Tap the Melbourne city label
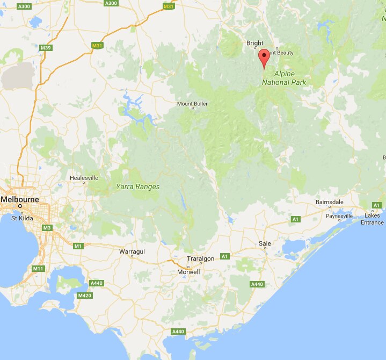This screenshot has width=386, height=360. [20, 199]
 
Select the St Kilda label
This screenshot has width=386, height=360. [22, 218]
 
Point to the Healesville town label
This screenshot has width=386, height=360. [84, 177]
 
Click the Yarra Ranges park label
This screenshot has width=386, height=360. [138, 187]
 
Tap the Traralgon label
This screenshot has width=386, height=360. [200, 259]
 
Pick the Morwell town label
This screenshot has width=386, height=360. [188, 272]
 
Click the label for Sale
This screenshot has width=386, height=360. [265, 243]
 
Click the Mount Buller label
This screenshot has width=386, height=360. [193, 103]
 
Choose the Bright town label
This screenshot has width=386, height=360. [255, 43]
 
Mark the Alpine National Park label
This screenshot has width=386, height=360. [285, 78]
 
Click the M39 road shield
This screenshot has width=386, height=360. [46, 48]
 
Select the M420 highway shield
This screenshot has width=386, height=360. [83, 296]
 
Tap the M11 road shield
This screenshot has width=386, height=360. [38, 268]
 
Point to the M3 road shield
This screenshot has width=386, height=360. [47, 228]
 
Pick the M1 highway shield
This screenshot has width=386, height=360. [79, 246]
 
